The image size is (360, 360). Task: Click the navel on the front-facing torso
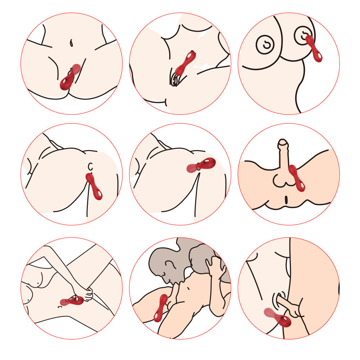click(72, 43)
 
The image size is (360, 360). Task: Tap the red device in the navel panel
click(70, 77)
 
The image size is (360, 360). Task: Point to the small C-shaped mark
click(91, 166)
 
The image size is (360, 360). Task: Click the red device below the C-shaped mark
click(94, 186)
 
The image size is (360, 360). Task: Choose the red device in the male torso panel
click(297, 178)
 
